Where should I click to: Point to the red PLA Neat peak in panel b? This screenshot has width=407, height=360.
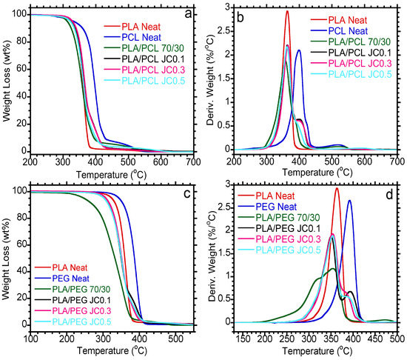pyautogui.click(x=266, y=12)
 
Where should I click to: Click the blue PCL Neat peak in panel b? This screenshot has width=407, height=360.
pyautogui.click(x=299, y=50)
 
